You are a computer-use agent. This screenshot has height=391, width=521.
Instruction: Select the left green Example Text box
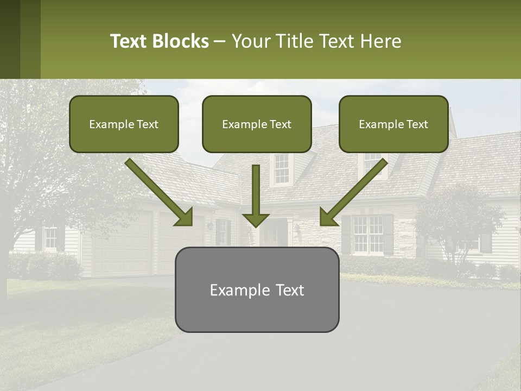point(124,124)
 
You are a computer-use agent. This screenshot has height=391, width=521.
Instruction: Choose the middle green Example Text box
point(257,124)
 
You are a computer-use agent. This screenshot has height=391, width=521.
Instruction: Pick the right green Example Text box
point(393,124)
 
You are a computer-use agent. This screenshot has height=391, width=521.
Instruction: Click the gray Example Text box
point(257,289)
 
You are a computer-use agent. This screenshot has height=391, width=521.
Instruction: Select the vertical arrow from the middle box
point(256,195)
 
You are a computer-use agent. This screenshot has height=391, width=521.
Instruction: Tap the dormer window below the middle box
point(281,168)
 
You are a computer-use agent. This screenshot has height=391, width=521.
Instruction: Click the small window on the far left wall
point(50,238)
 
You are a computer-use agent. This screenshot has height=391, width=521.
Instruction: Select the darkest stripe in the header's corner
point(10,39)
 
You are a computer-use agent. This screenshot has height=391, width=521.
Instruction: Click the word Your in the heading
point(250,41)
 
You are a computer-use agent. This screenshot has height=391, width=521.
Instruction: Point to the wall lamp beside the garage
point(209,225)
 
